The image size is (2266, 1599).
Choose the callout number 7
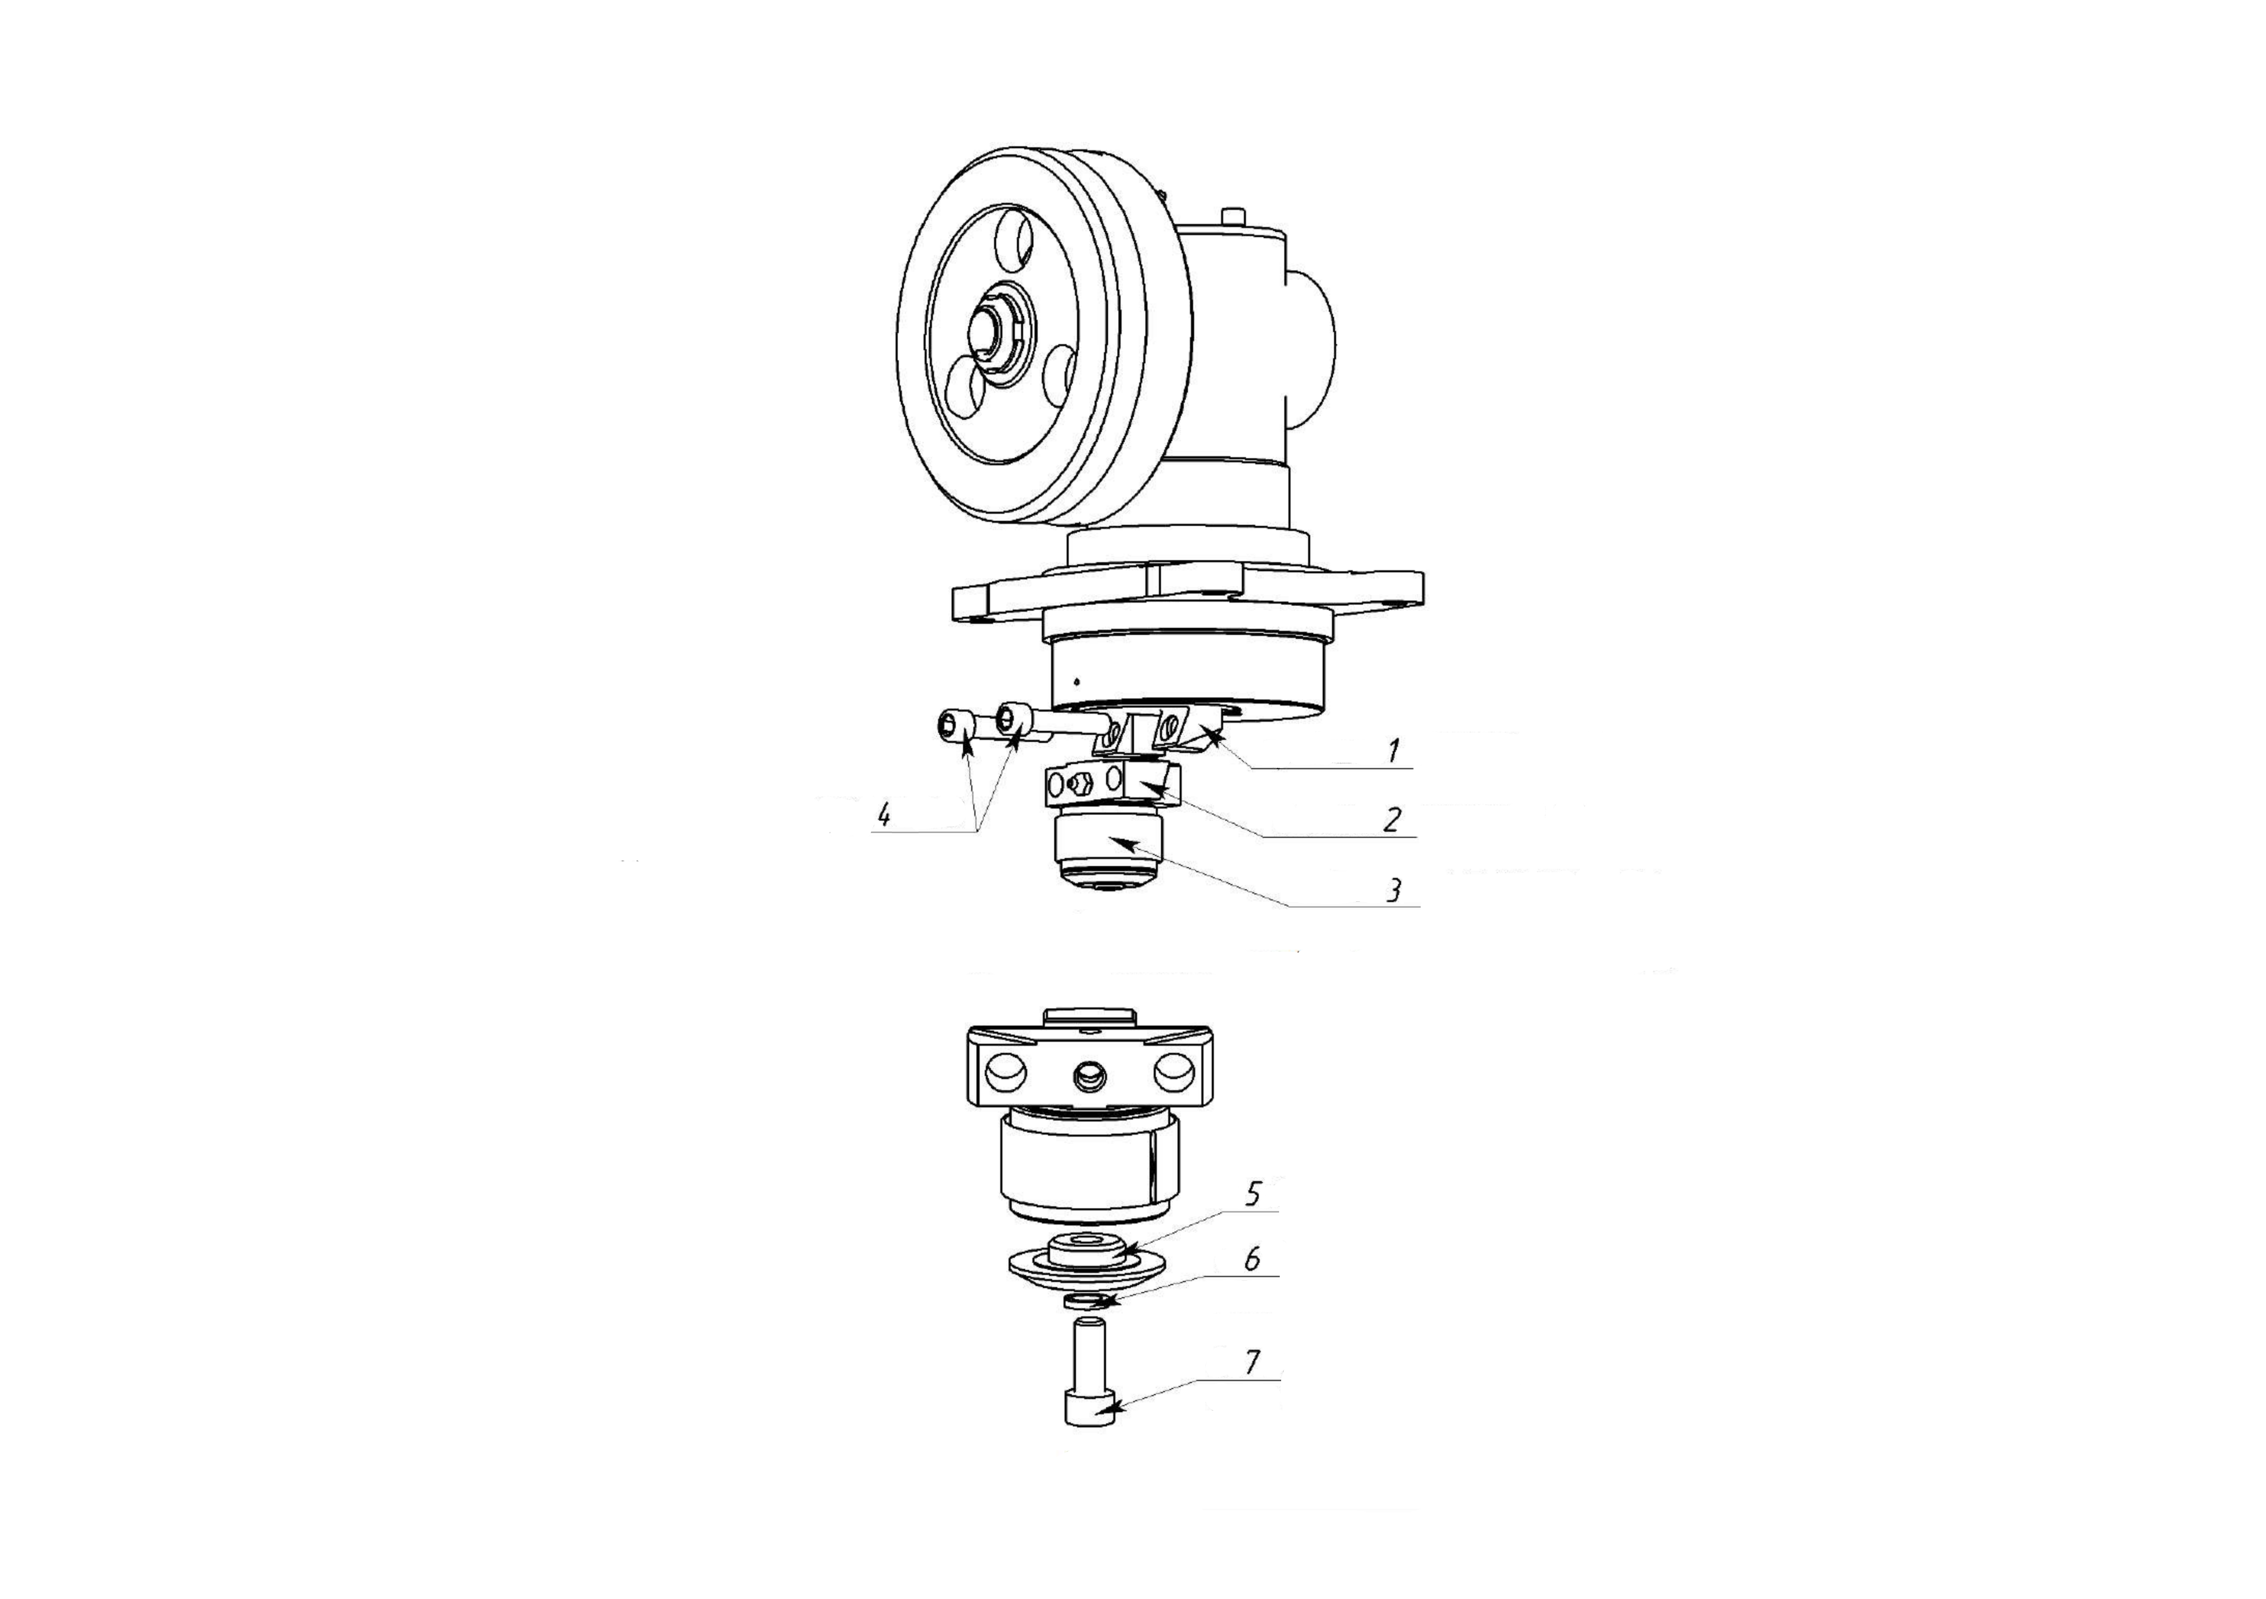click(1251, 1363)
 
